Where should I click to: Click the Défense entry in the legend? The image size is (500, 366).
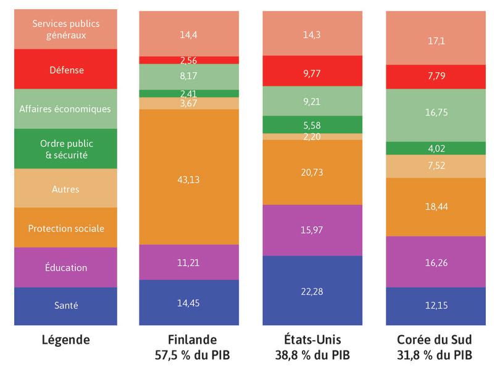pyautogui.click(x=66, y=70)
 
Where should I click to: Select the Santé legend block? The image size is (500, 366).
pyautogui.click(x=66, y=306)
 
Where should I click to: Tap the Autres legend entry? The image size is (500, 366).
pyautogui.click(x=66, y=188)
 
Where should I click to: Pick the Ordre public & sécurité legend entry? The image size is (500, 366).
pyautogui.click(x=66, y=149)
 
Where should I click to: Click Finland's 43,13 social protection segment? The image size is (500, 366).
pyautogui.click(x=189, y=179)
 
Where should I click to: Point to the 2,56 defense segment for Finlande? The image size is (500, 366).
pyautogui.click(x=189, y=60)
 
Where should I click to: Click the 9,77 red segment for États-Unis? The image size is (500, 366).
pyautogui.click(x=312, y=71)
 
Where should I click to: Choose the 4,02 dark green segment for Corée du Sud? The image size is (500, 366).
pyautogui.click(x=435, y=148)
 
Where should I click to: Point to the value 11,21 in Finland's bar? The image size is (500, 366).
pyautogui.click(x=189, y=262)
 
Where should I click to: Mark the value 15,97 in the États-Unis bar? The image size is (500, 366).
pyautogui.click(x=312, y=230)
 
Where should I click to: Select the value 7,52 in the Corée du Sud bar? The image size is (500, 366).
pyautogui.click(x=435, y=166)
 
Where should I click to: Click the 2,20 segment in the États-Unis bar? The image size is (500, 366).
pyautogui.click(x=312, y=136)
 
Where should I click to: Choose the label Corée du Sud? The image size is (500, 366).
pyautogui.click(x=435, y=339)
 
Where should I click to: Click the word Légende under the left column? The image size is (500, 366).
pyautogui.click(x=65, y=339)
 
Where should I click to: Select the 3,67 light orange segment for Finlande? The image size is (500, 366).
pyautogui.click(x=189, y=103)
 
